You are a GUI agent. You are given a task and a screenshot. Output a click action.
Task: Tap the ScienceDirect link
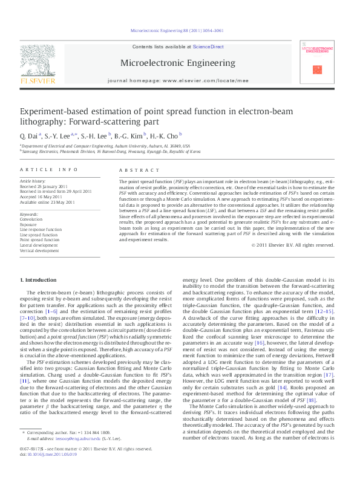pos(208,47)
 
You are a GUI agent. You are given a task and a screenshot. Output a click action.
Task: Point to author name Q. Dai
pos(30,135)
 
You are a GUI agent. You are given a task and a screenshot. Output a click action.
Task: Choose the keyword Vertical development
pos(40,250)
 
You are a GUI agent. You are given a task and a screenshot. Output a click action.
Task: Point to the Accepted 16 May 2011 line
pos(41,196)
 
